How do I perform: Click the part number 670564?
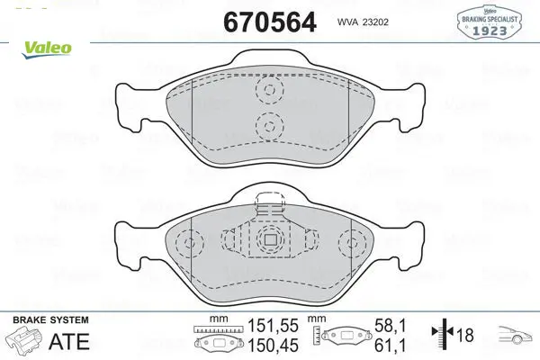pos(270,22)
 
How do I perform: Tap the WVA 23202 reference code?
pos(363,22)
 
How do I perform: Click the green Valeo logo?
pos(47,49)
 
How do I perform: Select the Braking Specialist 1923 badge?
pos(490,22)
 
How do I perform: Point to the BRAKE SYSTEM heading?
pos(50,320)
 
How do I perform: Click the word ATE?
pos(69,341)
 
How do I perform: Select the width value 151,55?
pos(273,326)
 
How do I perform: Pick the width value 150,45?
pos(273,346)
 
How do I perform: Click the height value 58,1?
pos(391,326)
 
